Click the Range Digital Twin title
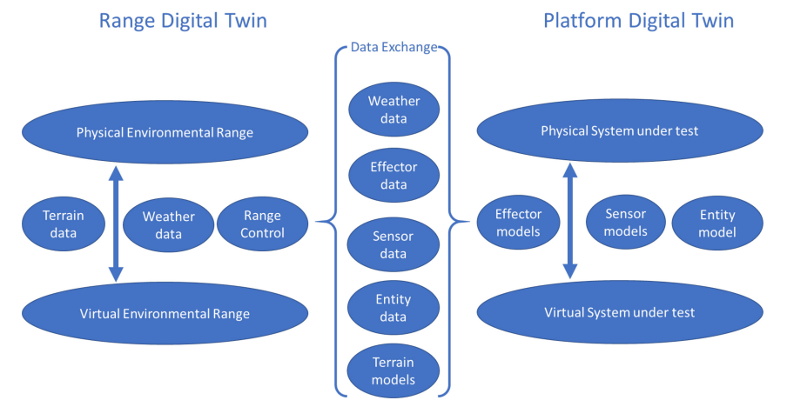coord(183,21)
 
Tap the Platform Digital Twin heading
coord(638,21)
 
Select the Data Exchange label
coord(393,47)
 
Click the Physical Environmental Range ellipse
coord(165,132)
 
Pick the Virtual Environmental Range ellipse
coord(165,313)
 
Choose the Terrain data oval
coord(64,224)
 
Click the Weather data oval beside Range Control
coord(168,225)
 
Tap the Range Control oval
coord(262,224)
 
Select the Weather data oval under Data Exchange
coord(393,110)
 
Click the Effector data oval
coord(393,176)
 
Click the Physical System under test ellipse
coord(619,130)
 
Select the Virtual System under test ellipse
coord(619,312)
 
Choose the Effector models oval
coord(518,223)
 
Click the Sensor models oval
coord(625,222)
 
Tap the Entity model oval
coord(717,223)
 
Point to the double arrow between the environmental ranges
coord(116,224)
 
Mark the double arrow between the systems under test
coord(569,221)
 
